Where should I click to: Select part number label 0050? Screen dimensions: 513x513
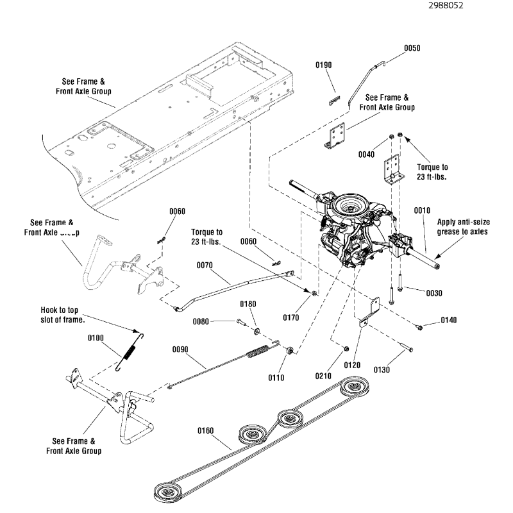tap(412, 48)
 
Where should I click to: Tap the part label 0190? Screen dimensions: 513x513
tap(324, 65)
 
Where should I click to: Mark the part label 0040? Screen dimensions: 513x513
tap(367, 154)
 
